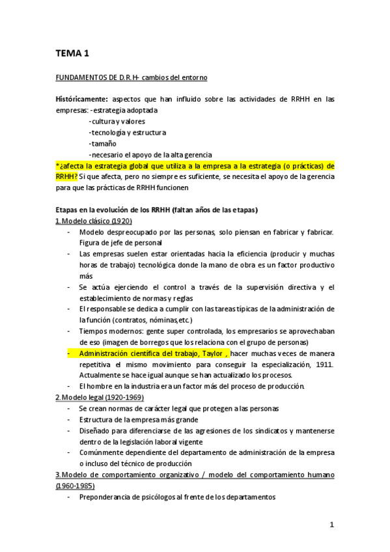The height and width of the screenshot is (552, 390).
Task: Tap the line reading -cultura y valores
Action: coord(117,121)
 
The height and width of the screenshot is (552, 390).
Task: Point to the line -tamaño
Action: coord(103,143)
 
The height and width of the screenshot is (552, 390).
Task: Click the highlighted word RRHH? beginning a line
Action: coord(67,176)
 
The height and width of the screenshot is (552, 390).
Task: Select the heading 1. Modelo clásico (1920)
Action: coord(94,221)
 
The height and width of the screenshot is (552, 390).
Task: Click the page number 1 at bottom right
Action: coord(331,525)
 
